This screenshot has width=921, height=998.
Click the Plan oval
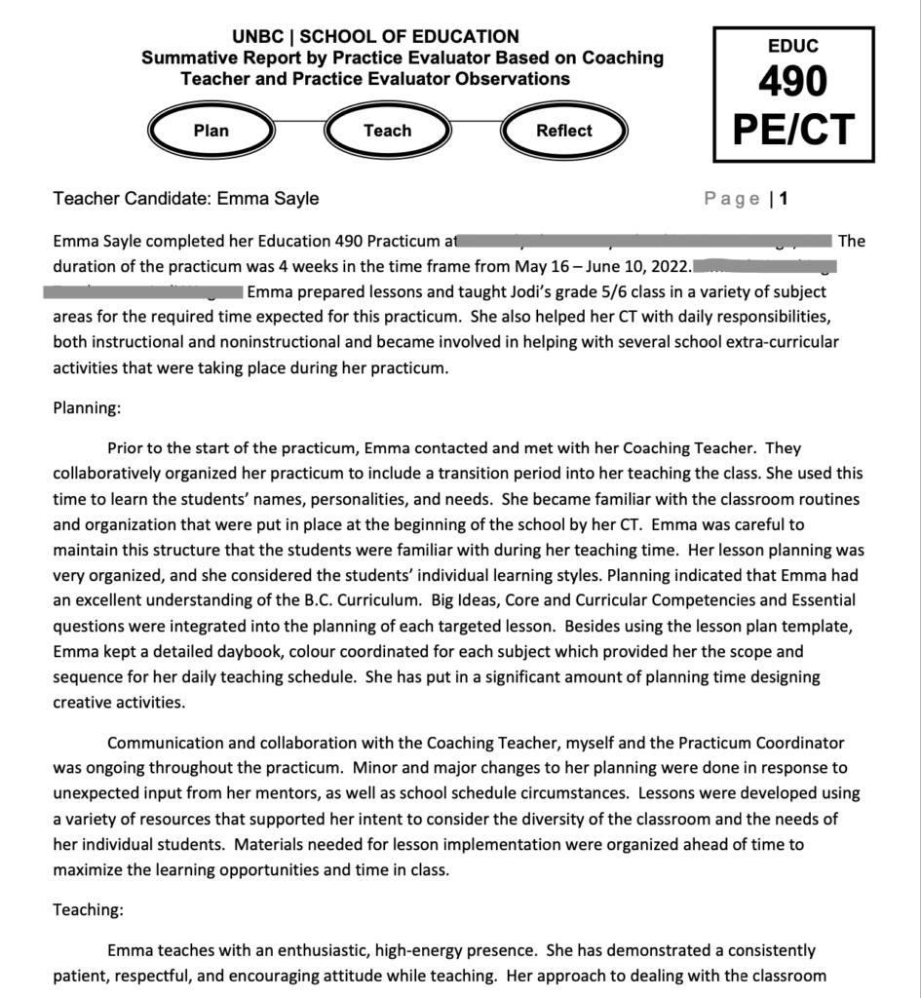(x=211, y=131)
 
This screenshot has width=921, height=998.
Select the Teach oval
(x=387, y=131)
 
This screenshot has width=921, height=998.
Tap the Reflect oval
(x=563, y=131)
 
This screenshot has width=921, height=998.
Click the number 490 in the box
(x=793, y=82)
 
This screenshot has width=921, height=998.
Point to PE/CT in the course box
(x=793, y=129)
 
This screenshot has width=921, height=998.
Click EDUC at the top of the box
(x=793, y=46)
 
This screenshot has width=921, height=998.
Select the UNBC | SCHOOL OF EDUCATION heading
(x=375, y=37)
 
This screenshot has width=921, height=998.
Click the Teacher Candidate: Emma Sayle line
(x=186, y=199)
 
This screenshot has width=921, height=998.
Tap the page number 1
(x=784, y=199)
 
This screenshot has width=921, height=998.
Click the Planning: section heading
(x=87, y=409)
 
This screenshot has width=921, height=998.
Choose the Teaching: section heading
(x=88, y=910)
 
